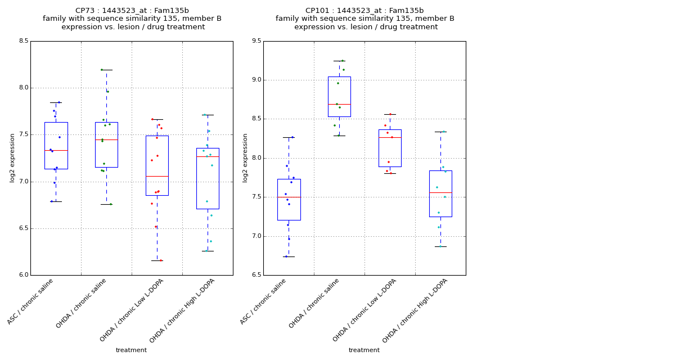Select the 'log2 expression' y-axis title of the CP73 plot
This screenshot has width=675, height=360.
click(x=12, y=158)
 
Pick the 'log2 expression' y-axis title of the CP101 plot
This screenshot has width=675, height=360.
click(x=245, y=158)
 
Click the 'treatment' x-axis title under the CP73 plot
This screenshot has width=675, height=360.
click(x=131, y=350)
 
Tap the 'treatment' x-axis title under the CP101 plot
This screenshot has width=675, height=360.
click(x=364, y=350)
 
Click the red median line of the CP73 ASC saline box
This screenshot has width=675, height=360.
click(x=56, y=150)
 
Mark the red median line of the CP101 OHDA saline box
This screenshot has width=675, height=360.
click(x=339, y=104)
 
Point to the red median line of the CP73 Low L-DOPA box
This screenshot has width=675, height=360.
click(x=157, y=176)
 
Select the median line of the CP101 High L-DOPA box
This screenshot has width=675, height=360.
click(x=440, y=192)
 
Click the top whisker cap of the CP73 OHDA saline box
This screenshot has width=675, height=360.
click(x=106, y=70)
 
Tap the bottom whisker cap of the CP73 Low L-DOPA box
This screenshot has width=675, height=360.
click(x=157, y=260)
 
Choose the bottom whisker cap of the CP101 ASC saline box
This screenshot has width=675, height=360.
click(x=289, y=256)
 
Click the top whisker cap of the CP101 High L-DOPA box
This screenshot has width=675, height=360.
click(x=440, y=132)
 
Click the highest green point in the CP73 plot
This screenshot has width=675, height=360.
click(x=102, y=70)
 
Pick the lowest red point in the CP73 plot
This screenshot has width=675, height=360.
click(x=160, y=260)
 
